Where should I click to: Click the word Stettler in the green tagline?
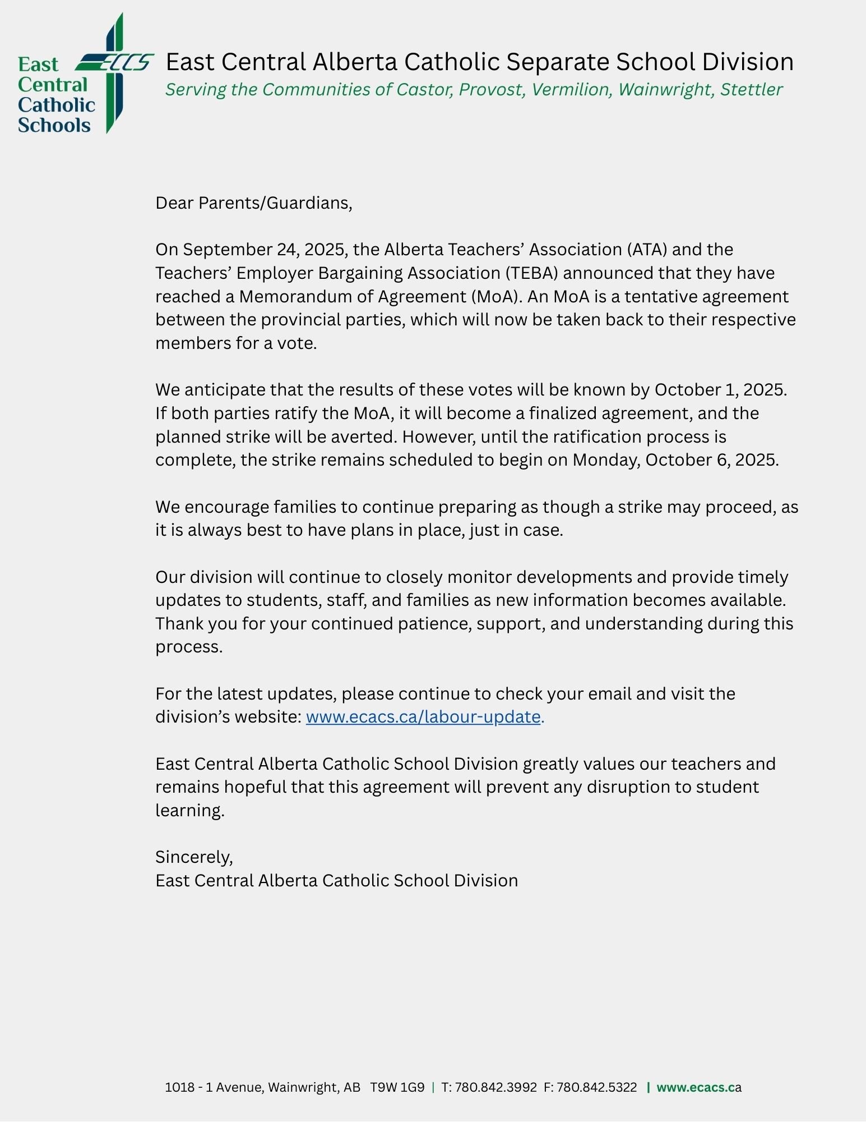(x=751, y=90)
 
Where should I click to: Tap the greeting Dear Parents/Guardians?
(x=253, y=203)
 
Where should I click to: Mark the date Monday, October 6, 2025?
(x=675, y=460)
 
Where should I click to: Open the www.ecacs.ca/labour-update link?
(x=423, y=717)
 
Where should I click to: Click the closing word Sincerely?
(x=193, y=857)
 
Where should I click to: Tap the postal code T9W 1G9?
(x=397, y=1087)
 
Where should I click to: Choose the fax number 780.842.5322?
(x=596, y=1087)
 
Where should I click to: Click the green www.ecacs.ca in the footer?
(x=698, y=1087)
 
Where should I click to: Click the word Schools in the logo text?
(x=54, y=125)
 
